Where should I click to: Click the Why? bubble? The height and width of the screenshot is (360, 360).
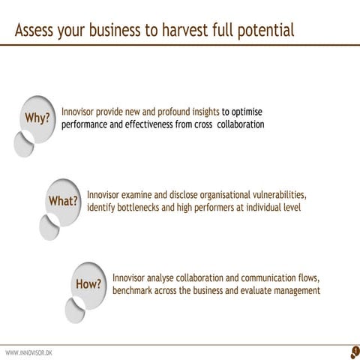[x=37, y=118]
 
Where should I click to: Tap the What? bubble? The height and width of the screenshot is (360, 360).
[x=63, y=201]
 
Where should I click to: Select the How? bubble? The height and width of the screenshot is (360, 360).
[x=88, y=283]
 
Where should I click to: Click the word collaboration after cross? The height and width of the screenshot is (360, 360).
[x=237, y=124]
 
